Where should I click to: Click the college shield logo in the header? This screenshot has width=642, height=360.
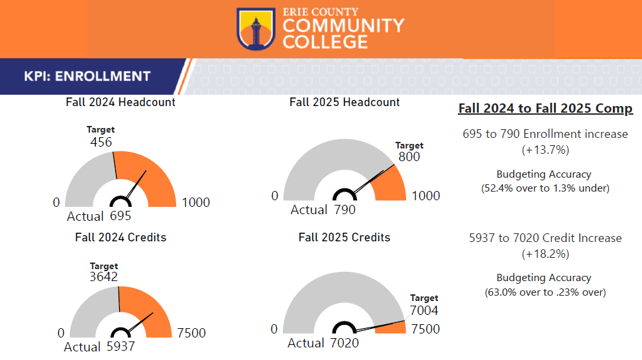(256, 29)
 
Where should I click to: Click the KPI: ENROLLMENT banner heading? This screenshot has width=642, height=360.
(87, 76)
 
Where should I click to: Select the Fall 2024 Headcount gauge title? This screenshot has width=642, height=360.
(121, 102)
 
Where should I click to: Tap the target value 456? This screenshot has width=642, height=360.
(101, 142)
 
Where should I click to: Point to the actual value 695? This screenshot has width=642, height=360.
(121, 216)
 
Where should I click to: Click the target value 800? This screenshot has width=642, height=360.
(409, 157)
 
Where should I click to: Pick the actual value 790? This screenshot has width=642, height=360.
(345, 210)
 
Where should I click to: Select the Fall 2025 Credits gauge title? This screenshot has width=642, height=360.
(345, 237)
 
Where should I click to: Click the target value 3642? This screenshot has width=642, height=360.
(103, 277)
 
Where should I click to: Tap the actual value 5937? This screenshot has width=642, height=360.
(121, 346)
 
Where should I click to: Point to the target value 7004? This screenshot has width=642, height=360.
(424, 310)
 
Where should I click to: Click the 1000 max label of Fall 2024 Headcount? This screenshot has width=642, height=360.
(195, 202)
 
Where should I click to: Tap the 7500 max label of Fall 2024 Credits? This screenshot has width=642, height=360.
(191, 333)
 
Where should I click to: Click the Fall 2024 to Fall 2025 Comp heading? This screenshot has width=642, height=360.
(545, 109)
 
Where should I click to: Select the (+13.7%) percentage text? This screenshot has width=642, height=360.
(545, 150)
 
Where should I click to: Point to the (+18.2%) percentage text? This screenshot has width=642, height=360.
(545, 254)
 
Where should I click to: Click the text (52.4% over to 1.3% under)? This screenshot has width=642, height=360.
(545, 188)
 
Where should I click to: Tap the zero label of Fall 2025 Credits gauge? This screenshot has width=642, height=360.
(274, 330)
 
